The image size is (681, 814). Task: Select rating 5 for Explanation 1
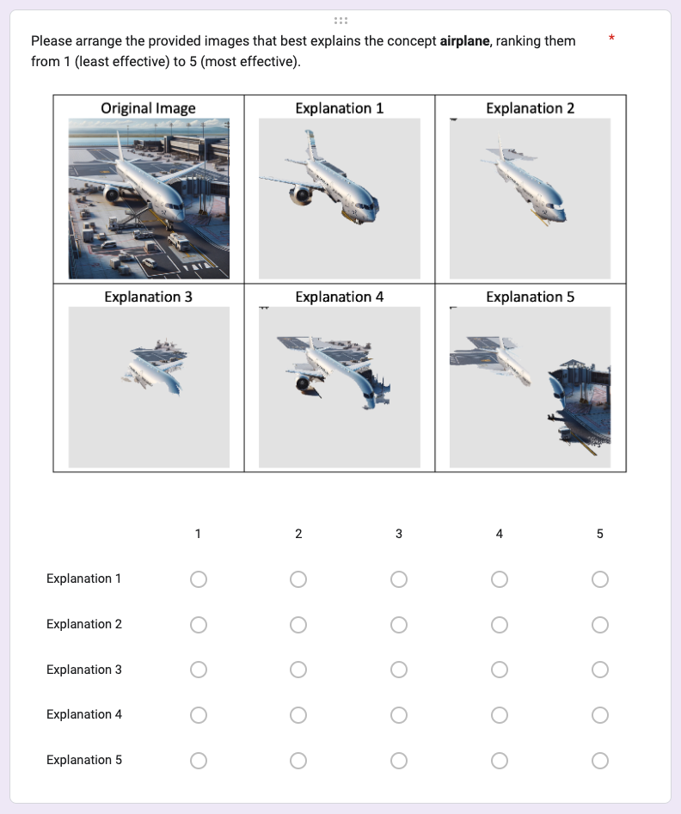point(599,578)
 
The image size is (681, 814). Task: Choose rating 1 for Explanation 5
point(199,761)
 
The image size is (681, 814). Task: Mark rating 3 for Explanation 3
point(398,670)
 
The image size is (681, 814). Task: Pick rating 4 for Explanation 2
point(500,625)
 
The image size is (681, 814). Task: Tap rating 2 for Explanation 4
point(298,715)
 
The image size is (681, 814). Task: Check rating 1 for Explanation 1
point(199,578)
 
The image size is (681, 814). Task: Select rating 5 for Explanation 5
point(599,761)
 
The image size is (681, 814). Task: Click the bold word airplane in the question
point(464,41)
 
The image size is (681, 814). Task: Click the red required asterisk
point(611,38)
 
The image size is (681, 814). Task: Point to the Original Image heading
point(148,108)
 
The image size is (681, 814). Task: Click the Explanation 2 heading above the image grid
point(531,108)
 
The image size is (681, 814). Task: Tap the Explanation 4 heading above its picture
point(339,297)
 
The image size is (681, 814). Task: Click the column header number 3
point(398,534)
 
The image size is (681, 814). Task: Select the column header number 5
point(599,534)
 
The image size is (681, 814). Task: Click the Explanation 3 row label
point(84,670)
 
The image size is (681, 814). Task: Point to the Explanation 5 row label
point(84,760)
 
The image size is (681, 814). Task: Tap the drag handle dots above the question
point(340,21)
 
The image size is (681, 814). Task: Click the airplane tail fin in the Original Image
point(120,144)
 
